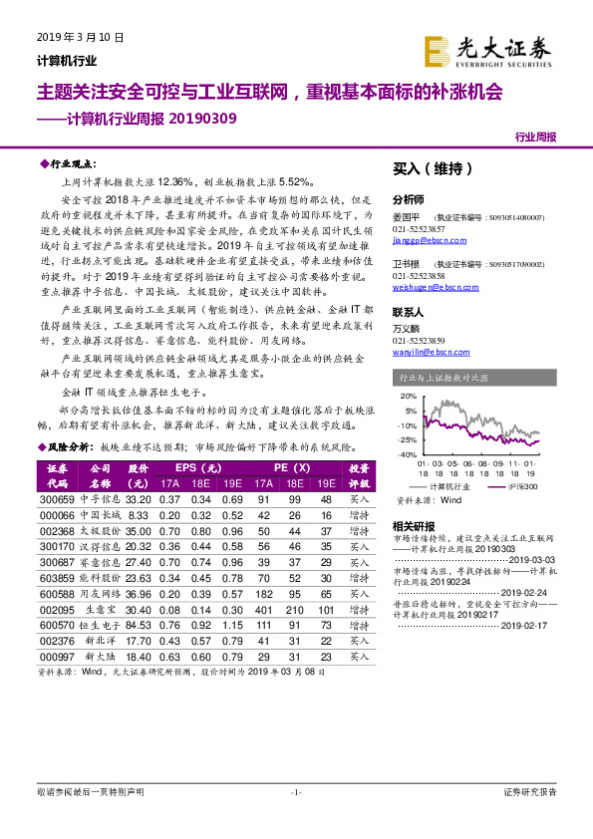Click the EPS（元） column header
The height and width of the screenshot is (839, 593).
tap(199, 466)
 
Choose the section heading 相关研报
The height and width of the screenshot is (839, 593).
tap(413, 525)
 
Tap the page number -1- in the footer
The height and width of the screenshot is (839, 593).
tap(295, 819)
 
